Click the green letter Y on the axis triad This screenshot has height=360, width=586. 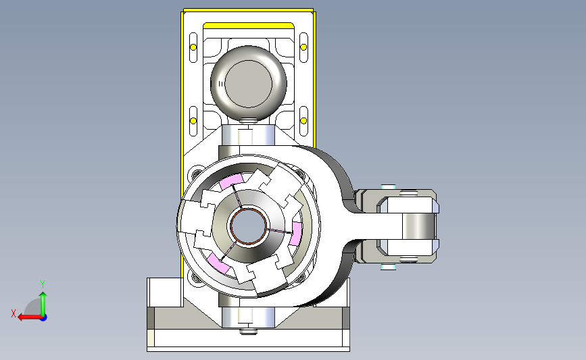coord(43,284)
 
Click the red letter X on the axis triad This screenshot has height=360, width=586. coord(14,313)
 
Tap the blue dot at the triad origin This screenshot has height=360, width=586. coord(44,318)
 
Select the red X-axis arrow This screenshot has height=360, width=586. coord(30,317)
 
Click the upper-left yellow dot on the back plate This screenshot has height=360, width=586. coord(193,47)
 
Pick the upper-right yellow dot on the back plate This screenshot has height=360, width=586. coord(303,47)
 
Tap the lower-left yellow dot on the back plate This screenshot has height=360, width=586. coord(193,121)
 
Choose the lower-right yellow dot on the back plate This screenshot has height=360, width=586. coord(303,121)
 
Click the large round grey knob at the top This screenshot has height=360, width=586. coord(249,83)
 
